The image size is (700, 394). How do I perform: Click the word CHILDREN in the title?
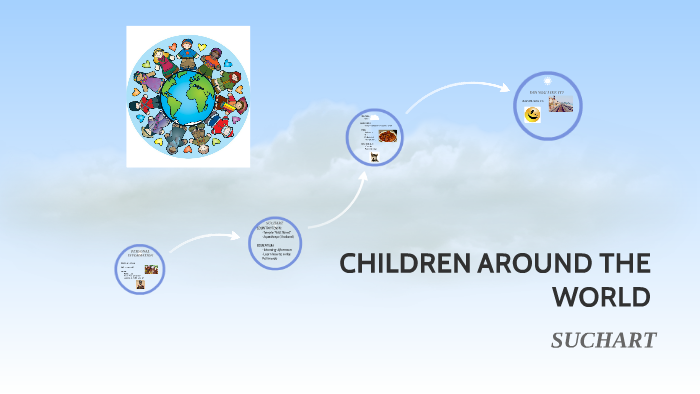tap(390, 265)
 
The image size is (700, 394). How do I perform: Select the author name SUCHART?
tap(603, 341)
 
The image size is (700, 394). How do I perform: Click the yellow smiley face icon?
tap(533, 115)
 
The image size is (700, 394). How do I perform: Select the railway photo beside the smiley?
tap(562, 113)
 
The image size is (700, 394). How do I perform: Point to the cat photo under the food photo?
tap(374, 155)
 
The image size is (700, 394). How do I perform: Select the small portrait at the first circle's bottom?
tap(142, 285)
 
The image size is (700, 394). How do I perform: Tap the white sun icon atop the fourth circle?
tap(548, 81)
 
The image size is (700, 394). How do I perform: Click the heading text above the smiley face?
tap(548, 91)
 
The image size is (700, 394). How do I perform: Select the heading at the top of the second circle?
tap(275, 222)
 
